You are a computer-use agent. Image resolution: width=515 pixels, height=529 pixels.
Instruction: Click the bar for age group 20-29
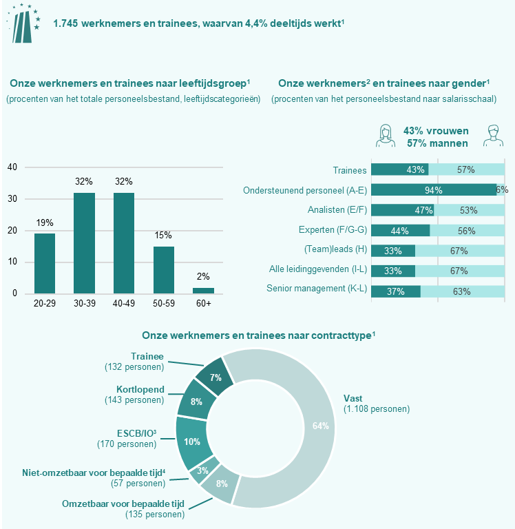[x=45, y=263]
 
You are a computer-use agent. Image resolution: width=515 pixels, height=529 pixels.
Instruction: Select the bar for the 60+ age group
[x=204, y=290]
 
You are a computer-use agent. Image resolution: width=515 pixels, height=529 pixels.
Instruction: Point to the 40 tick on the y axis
[x=12, y=167]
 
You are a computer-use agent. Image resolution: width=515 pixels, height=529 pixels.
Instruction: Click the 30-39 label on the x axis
[x=84, y=303]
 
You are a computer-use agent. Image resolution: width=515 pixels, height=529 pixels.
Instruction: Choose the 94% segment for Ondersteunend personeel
[x=433, y=190]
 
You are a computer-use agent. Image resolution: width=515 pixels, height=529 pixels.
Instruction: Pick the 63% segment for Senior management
[x=462, y=291]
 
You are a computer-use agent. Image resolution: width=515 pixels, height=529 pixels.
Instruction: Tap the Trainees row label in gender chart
[x=349, y=170]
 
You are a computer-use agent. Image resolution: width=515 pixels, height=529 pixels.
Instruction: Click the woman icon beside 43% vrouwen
[x=386, y=135]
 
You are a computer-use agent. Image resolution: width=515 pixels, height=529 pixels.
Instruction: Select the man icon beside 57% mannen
[x=490, y=135]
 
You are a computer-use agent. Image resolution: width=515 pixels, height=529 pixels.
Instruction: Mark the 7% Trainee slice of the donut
[x=211, y=376]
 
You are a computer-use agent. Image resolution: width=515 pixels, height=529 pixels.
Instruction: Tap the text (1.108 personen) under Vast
[x=377, y=409]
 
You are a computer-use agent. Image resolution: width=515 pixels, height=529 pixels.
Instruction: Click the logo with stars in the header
[x=23, y=22]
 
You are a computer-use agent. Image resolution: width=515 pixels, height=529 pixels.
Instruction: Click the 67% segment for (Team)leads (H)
[x=460, y=251]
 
